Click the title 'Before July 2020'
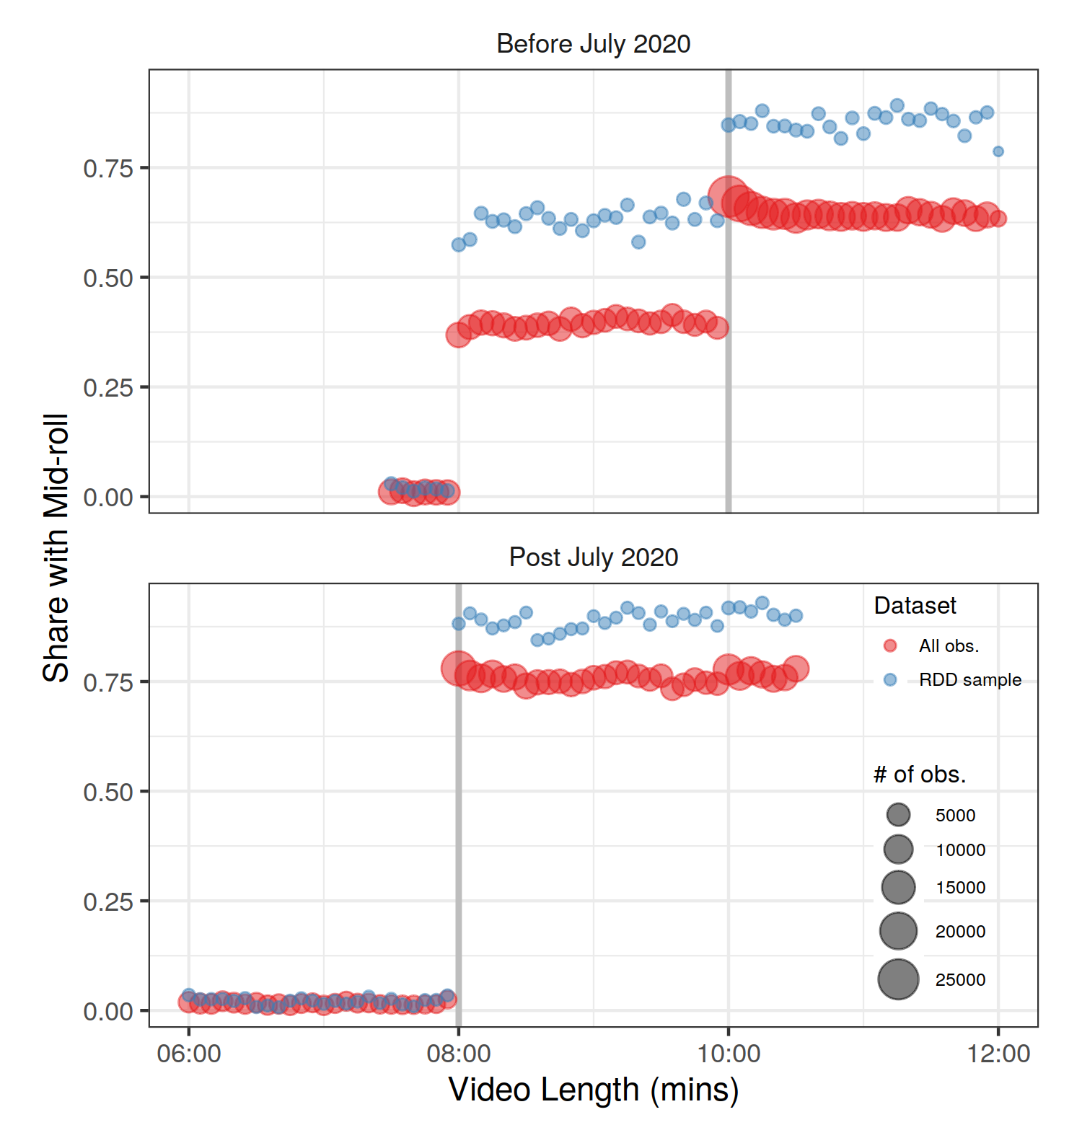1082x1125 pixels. point(593,44)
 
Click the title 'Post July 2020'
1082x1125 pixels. point(593,557)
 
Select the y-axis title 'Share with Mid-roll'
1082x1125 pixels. point(56,548)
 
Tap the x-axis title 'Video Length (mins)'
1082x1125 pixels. point(593,1090)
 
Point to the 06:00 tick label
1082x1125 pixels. point(189,1054)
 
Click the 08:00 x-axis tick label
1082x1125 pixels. point(459,1054)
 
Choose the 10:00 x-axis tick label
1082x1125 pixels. point(729,1054)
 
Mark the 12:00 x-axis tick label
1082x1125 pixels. point(998,1054)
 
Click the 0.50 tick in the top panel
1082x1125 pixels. point(108,278)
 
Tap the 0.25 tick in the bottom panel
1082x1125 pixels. point(108,901)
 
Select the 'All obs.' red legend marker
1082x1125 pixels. point(890,645)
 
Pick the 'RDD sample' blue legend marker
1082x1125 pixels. point(890,679)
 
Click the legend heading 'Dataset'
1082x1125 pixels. point(915,606)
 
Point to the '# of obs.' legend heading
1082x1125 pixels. point(920,775)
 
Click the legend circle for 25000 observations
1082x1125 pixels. point(898,979)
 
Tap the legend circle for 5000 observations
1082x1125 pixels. point(898,815)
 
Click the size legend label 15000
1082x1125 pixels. point(960,888)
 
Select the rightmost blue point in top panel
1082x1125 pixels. point(998,151)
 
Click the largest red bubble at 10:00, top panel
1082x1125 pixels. point(729,195)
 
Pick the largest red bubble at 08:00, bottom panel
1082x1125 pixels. point(459,669)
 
